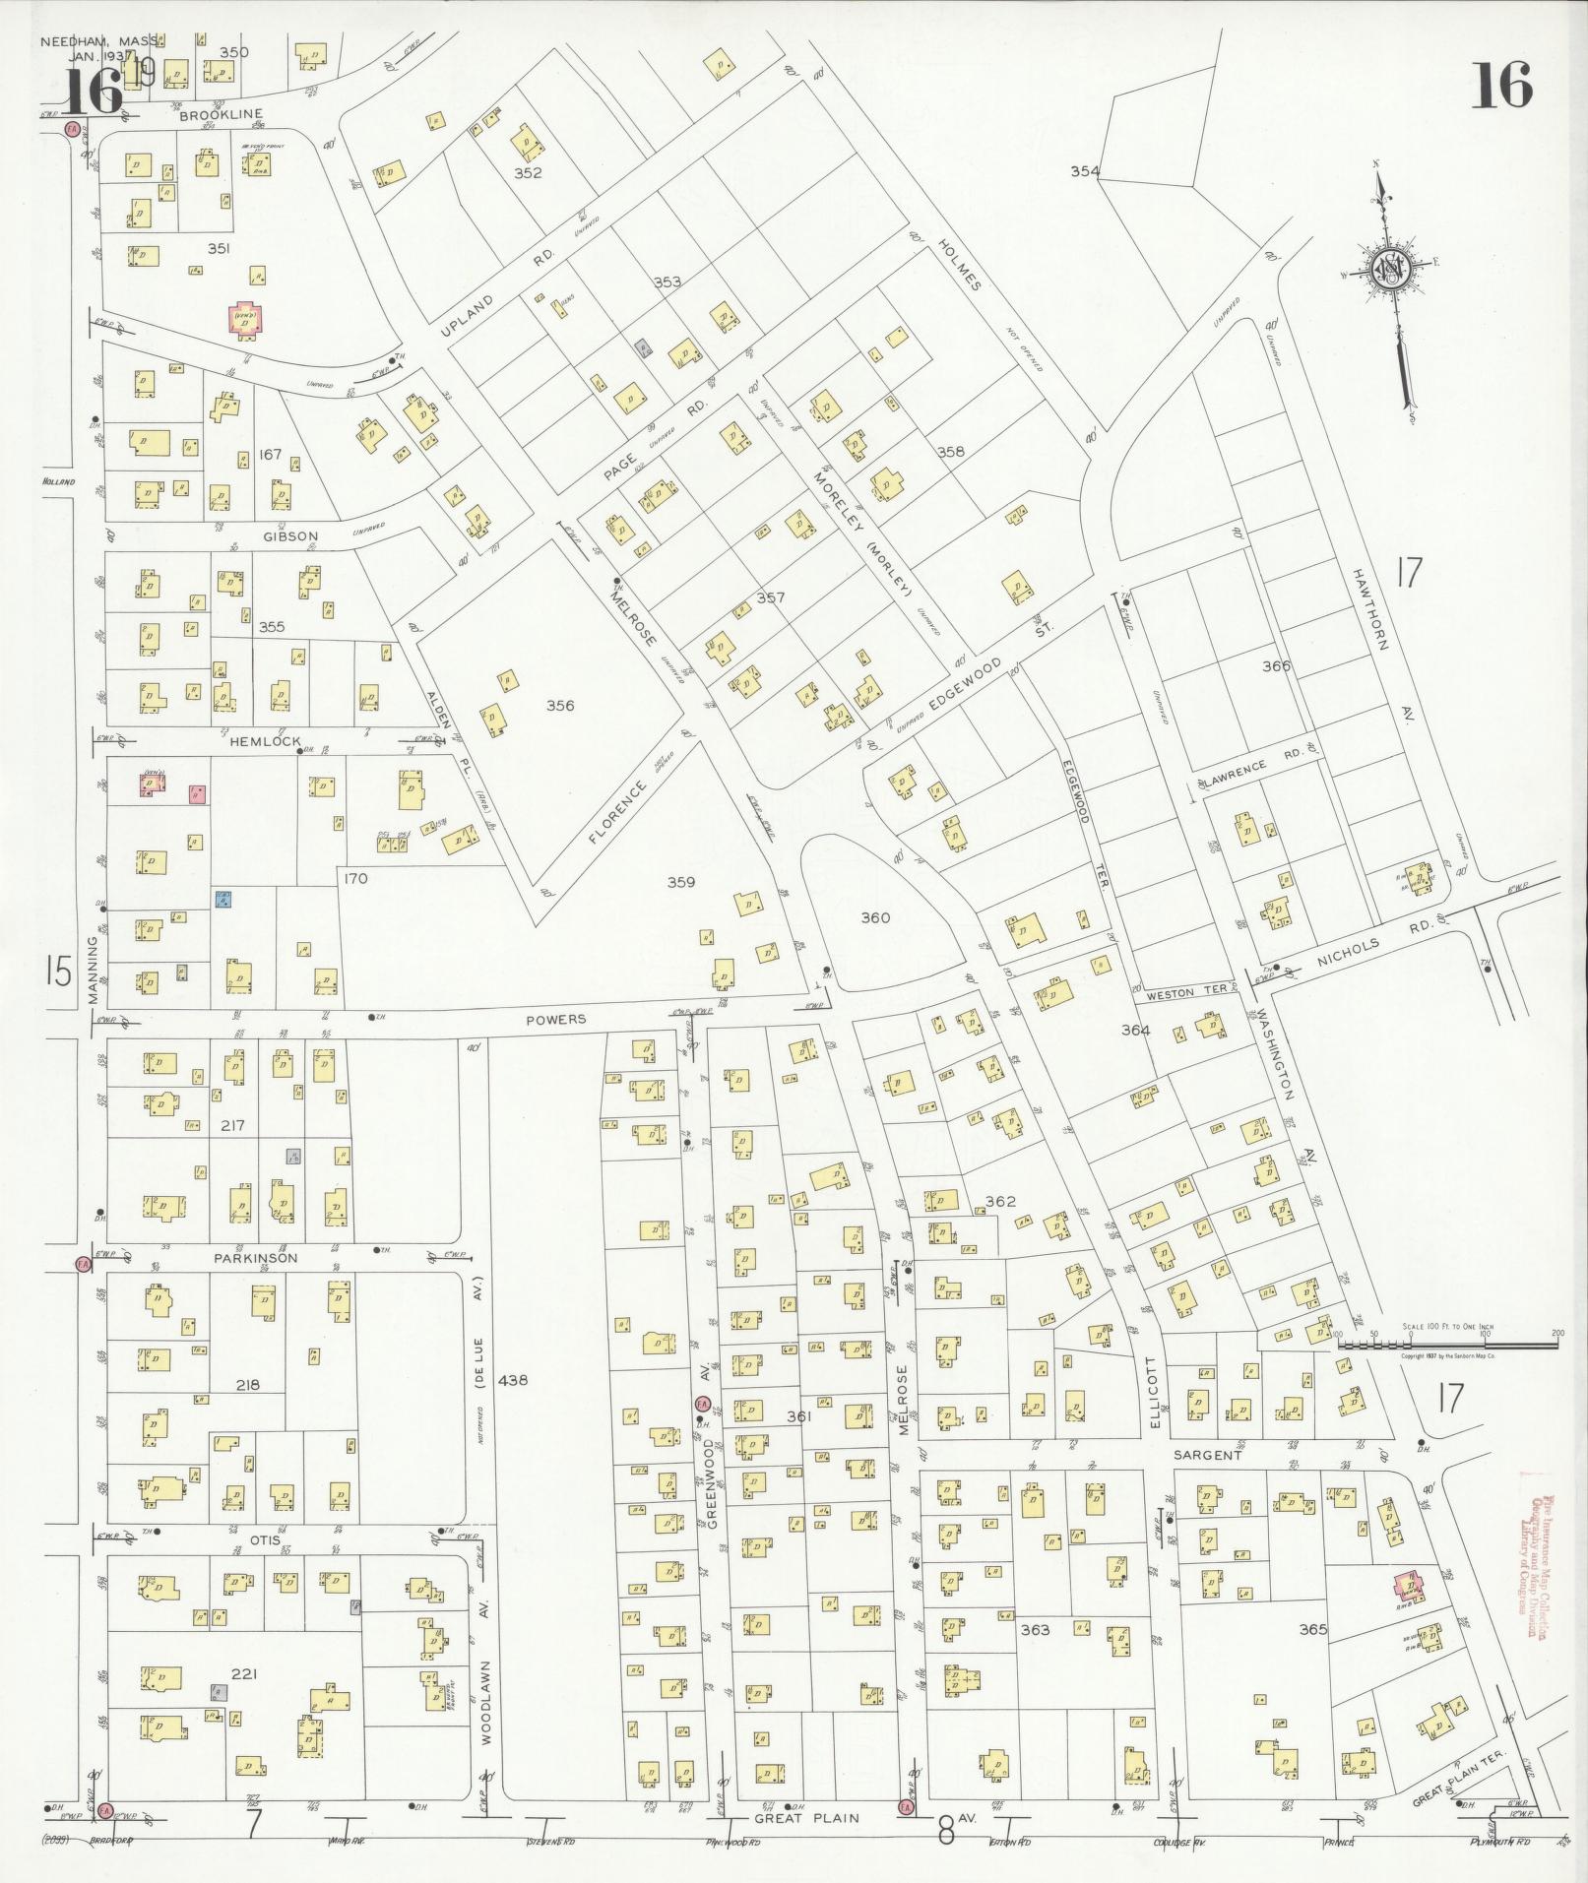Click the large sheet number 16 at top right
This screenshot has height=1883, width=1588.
[1502, 86]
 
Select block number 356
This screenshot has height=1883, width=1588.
[560, 705]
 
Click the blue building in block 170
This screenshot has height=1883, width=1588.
[224, 898]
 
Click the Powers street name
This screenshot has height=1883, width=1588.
[555, 1019]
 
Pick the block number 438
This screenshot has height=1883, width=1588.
[513, 1380]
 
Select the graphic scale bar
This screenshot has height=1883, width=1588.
[1447, 1341]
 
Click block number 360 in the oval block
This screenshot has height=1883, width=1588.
[874, 917]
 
